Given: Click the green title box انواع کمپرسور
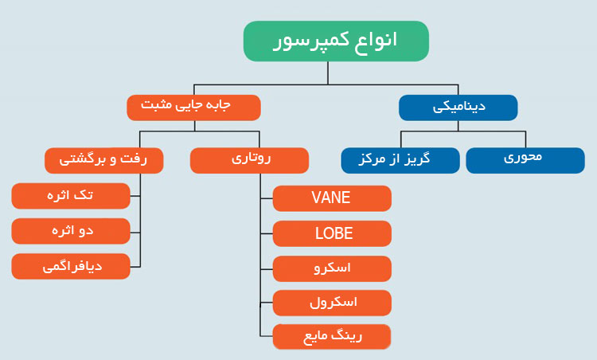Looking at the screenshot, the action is tap(336, 41).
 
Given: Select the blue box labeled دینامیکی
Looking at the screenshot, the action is tap(458, 108).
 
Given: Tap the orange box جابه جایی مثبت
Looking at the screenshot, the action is tap(193, 108).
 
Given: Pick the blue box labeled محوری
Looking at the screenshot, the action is tap(525, 160).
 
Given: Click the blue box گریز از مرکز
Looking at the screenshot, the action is tap(400, 160).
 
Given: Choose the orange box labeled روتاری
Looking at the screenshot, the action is tap(249, 160).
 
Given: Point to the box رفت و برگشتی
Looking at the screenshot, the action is tap(104, 160).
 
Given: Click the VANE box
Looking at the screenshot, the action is tap(332, 198).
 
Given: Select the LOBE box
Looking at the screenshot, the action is tap(332, 233).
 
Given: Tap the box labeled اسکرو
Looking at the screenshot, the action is tap(332, 269).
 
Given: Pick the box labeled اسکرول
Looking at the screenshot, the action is tap(332, 303).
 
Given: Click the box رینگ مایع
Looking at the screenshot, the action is tap(332, 337).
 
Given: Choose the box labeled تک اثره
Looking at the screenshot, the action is tap(71, 196).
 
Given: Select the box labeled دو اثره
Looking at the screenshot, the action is tap(71, 231).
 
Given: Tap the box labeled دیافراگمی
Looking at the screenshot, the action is tap(71, 266).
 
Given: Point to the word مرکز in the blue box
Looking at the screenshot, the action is tap(372, 158).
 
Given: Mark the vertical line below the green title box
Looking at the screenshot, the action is tap(328, 73).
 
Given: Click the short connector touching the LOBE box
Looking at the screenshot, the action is tap(267, 233).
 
